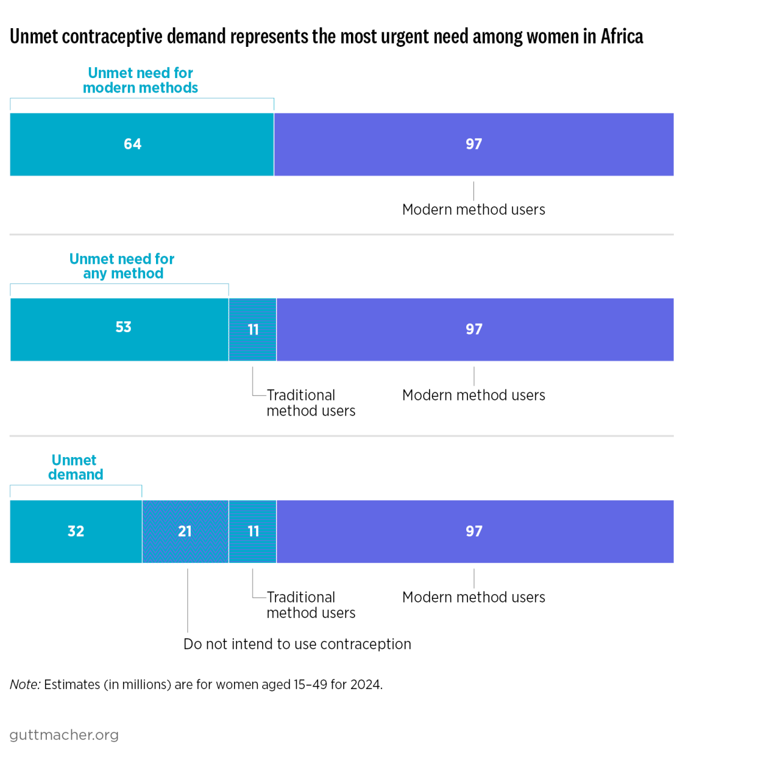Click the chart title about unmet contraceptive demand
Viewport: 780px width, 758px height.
(326, 37)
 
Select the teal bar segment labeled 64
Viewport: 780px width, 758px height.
(142, 144)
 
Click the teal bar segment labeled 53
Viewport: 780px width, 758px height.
(119, 329)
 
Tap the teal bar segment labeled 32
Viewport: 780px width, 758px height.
(76, 531)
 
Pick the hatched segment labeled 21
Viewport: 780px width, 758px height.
(185, 531)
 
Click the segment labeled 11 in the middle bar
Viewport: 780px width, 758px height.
(253, 329)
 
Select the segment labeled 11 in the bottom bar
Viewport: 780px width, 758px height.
(253, 531)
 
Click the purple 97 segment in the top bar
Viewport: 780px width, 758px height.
(473, 144)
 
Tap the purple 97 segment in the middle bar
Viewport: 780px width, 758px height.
(474, 329)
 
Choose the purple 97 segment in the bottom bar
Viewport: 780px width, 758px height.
(474, 531)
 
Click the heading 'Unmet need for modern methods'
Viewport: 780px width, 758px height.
(140, 80)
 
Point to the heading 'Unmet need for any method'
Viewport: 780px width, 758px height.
(122, 266)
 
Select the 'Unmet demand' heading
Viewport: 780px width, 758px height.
(75, 467)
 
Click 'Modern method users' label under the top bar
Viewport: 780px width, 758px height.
(473, 210)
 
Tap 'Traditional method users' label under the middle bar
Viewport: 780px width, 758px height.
(310, 403)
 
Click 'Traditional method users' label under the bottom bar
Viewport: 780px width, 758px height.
(310, 605)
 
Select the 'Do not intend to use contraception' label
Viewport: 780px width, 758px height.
(297, 644)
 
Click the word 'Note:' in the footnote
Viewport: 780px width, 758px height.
(25, 685)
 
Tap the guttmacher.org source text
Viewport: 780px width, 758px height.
(64, 735)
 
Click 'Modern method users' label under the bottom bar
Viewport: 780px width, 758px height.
(473, 597)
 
